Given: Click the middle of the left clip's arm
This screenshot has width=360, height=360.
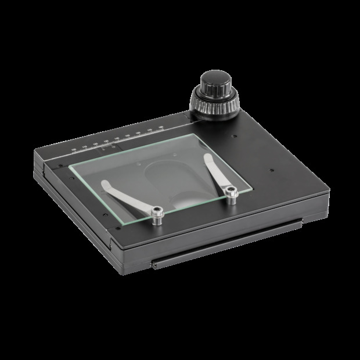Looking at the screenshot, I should [129, 199].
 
